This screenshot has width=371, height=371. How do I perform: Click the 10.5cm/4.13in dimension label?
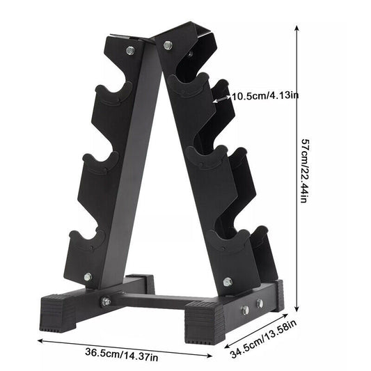click(265, 97)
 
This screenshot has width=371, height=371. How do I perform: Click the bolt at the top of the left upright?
click(130, 51)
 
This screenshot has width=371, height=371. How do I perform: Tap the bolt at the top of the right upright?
click(167, 45)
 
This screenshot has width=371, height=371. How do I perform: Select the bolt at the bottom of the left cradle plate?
click(88, 277)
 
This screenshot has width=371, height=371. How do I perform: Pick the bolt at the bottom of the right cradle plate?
click(228, 282)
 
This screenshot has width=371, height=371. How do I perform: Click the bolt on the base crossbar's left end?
click(106, 301)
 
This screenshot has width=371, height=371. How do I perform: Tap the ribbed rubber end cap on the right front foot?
click(205, 322)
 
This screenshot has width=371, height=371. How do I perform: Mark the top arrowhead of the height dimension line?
click(297, 27)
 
